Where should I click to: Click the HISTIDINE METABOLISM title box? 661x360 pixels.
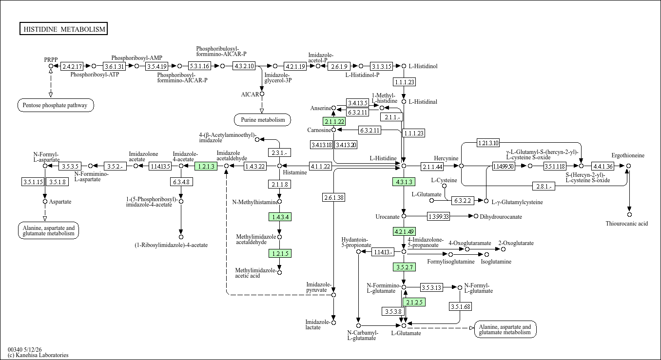pos(63,29)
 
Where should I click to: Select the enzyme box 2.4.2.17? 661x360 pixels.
pos(72,66)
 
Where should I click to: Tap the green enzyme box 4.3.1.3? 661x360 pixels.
pos(404,182)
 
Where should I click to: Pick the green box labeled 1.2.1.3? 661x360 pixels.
pos(206,166)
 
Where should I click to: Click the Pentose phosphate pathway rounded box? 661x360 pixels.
pos(56,105)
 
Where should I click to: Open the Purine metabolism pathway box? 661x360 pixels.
pos(262,120)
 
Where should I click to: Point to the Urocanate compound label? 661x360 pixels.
pos(387,217)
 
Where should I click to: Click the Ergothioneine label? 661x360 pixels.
pos(628,155)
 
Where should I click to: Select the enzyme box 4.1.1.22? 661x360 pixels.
pos(320,166)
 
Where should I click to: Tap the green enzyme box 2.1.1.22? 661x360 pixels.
pos(334,121)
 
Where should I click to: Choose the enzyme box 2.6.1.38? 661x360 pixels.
pos(334,198)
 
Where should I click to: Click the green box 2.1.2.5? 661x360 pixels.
pos(414,302)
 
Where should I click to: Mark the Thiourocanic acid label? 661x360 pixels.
pos(627,224)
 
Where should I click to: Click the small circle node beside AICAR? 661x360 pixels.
pos(262,94)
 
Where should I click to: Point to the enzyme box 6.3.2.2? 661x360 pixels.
pos(463,201)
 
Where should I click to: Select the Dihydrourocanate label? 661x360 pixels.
pos(501,217)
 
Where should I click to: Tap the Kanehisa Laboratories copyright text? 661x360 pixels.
pos(38,355)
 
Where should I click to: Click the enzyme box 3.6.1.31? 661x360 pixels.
pos(114,66)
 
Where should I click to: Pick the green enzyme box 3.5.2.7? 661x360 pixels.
pos(404,267)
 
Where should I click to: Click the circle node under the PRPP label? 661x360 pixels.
pos(51,66)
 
